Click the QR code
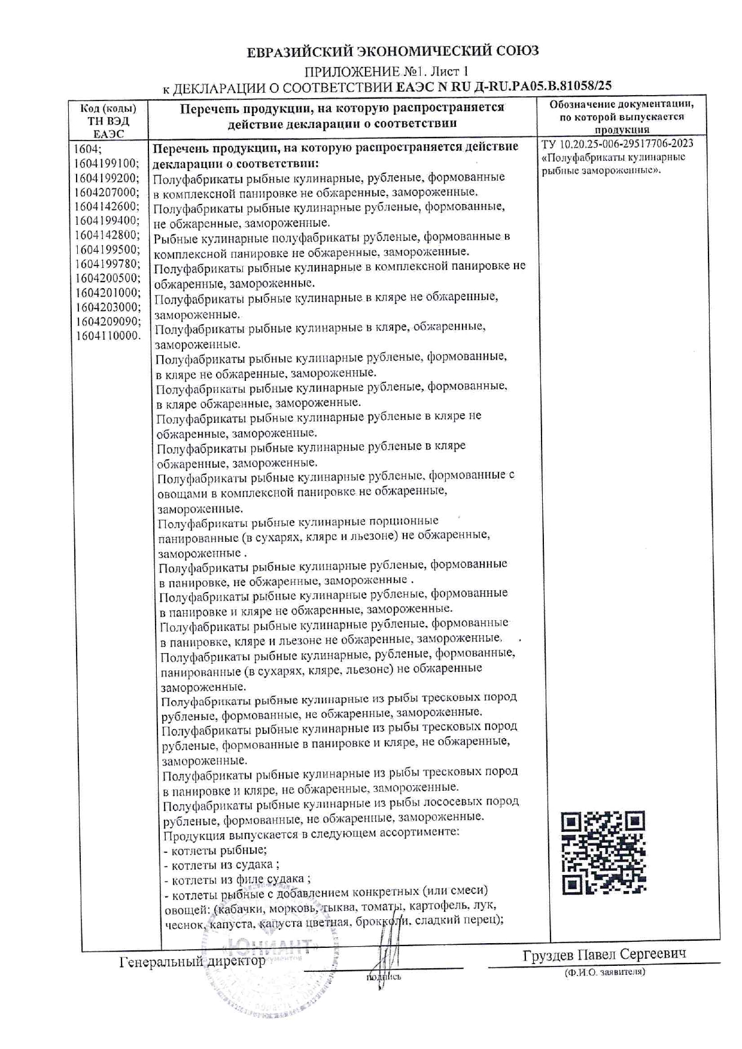(603, 853)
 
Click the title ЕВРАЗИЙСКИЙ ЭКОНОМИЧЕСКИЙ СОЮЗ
(393, 51)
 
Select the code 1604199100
(107, 163)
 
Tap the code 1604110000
(108, 336)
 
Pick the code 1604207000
(107, 192)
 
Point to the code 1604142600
(107, 206)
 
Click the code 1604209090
(108, 321)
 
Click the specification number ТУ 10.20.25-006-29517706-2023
(617, 144)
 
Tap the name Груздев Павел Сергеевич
(604, 954)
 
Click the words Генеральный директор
(192, 961)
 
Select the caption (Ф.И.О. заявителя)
(604, 972)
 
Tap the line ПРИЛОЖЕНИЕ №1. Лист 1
(386, 72)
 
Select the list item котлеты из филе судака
(237, 880)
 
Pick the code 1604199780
(108, 264)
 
